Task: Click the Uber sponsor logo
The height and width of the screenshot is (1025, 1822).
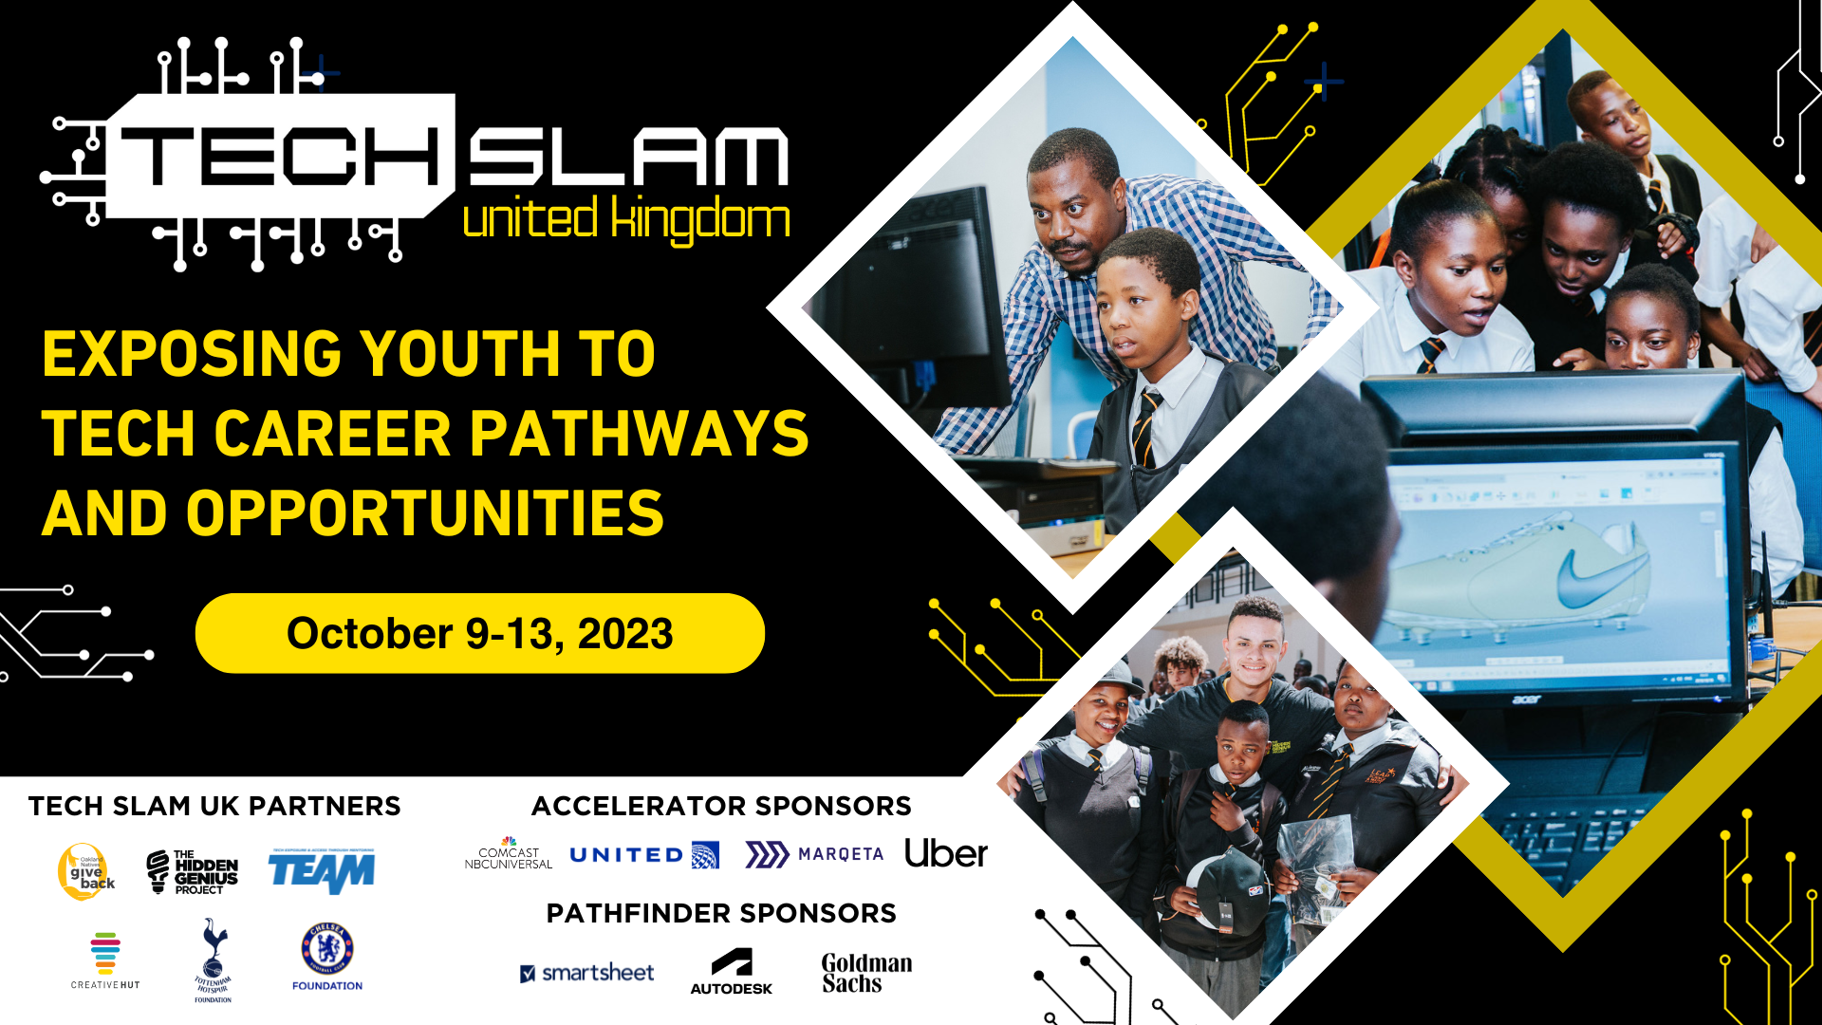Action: (x=945, y=853)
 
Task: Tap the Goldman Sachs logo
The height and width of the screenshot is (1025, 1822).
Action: (x=866, y=973)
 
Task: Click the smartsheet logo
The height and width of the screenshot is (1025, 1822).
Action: (x=587, y=973)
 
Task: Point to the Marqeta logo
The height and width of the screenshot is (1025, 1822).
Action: (x=814, y=854)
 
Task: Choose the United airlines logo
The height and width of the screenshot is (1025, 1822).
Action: (x=643, y=854)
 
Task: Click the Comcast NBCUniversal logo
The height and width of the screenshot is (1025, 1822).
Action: (x=509, y=854)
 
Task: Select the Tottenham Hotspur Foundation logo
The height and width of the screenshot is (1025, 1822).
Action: (x=214, y=959)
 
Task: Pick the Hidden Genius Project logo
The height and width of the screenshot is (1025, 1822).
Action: (x=193, y=871)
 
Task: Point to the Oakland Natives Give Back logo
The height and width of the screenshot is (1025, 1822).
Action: (x=85, y=871)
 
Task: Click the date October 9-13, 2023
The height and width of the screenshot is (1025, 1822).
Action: (x=479, y=633)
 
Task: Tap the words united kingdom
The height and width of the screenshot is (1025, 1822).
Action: (x=626, y=219)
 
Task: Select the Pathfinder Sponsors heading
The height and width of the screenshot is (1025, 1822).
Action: (x=721, y=913)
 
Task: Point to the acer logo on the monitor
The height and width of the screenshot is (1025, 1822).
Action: (x=1527, y=699)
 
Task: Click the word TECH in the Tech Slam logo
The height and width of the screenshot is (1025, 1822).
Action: (x=281, y=157)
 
